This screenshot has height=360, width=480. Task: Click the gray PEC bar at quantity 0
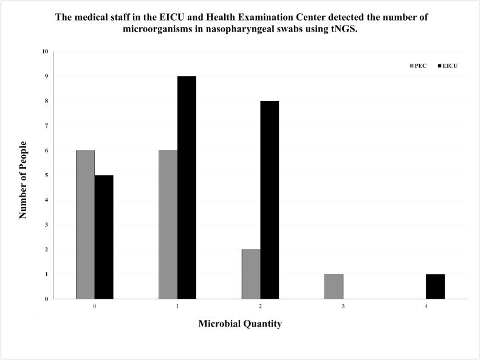click(85, 225)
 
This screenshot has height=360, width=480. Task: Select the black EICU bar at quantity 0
click(104, 237)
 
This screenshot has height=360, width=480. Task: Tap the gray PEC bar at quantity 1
click(168, 225)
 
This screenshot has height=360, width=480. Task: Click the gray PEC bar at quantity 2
click(250, 274)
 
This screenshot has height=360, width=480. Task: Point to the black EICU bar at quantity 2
click(269, 200)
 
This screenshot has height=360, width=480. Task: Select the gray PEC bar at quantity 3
click(334, 287)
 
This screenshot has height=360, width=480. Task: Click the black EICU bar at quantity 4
click(435, 287)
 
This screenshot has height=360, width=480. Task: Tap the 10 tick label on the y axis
click(45, 52)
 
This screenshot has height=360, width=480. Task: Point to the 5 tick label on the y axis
click(46, 175)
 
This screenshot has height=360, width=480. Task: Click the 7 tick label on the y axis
click(46, 126)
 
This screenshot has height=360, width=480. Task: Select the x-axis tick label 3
click(343, 307)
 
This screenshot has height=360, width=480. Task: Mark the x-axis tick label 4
click(426, 307)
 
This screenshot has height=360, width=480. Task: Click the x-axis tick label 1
click(177, 307)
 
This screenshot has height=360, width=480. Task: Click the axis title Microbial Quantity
click(240, 324)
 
